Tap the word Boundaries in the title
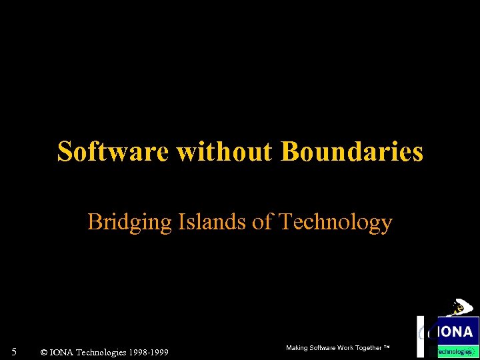[x=352, y=152]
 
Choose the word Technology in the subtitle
[x=335, y=223]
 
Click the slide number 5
[x=13, y=351]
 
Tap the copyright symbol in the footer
[x=43, y=352]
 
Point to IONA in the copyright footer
[x=62, y=352]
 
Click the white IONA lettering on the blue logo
[x=457, y=331]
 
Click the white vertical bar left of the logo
[x=420, y=337]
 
